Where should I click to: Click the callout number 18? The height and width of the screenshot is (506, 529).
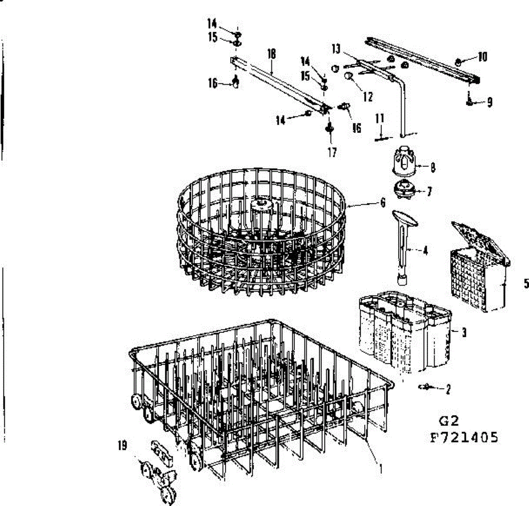click(271, 54)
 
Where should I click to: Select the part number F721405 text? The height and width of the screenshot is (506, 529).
click(464, 437)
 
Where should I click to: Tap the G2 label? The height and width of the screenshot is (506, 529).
click(449, 421)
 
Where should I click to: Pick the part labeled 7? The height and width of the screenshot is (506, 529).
click(404, 190)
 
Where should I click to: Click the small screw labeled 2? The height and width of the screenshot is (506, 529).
click(427, 387)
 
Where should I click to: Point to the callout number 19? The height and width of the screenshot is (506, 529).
click(122, 446)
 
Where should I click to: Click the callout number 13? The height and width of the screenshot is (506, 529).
click(336, 48)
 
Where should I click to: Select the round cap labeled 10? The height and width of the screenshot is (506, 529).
click(459, 62)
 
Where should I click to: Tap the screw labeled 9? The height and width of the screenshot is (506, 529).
click(468, 101)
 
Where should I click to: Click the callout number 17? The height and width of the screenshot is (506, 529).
click(332, 152)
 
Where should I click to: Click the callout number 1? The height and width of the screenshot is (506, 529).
click(380, 469)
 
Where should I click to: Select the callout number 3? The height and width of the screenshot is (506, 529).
click(464, 332)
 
